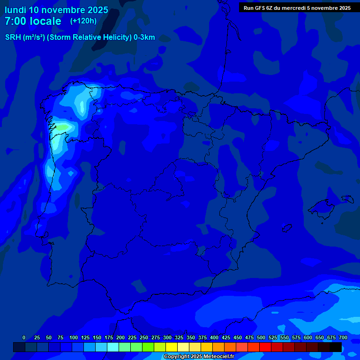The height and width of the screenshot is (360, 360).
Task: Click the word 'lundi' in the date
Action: (15, 10)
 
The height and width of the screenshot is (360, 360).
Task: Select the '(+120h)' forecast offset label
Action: (83, 21)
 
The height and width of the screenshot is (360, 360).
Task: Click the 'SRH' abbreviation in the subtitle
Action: (13, 37)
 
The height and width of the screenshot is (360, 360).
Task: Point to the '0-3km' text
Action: (144, 37)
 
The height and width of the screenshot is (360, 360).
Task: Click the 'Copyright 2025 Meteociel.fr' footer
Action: (199, 357)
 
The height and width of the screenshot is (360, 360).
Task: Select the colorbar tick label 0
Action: (24, 337)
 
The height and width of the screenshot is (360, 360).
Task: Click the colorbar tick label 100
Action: (73, 337)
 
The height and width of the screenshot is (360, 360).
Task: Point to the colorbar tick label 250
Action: (143, 337)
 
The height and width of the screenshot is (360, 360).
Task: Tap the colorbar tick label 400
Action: (214, 337)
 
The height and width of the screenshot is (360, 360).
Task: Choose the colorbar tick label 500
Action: (261, 337)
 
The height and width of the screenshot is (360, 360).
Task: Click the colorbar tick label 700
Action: (343, 337)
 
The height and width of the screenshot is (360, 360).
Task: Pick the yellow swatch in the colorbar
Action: (172, 347)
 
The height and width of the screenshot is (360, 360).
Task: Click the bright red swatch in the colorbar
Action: (265, 347)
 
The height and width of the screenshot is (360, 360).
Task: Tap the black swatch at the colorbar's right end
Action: (336, 347)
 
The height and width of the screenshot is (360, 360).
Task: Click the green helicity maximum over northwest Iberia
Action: (63, 127)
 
